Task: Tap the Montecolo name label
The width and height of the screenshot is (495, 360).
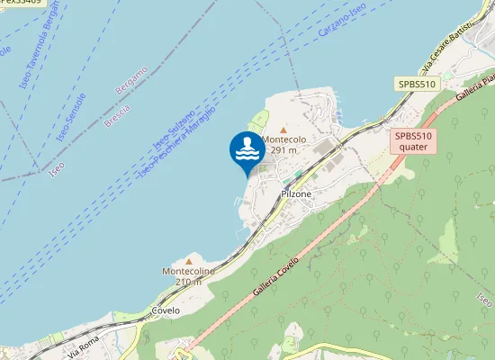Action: [285, 140]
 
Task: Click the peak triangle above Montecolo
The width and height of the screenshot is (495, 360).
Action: [283, 130]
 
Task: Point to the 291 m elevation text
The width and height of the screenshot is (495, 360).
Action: [285, 151]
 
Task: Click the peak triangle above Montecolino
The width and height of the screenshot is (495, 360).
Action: [189, 260]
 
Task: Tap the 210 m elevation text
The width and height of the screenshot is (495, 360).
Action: [189, 282]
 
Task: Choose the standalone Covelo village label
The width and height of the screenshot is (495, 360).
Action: [166, 310]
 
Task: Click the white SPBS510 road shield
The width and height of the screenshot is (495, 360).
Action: [416, 84]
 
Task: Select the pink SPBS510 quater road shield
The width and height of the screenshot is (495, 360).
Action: [413, 141]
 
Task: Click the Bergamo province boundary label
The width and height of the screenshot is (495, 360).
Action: [131, 80]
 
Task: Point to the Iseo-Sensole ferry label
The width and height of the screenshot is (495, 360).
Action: [71, 116]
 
